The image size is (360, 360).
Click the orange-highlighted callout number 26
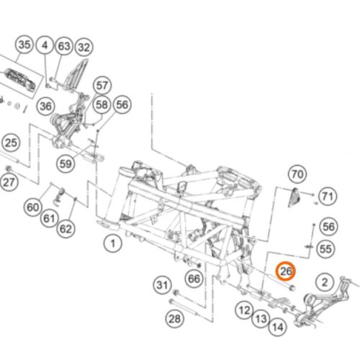(x=286, y=271)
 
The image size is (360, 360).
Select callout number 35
(x=24, y=45)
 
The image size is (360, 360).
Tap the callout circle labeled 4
(x=45, y=45)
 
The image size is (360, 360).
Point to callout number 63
(x=64, y=46)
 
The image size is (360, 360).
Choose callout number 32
(x=84, y=47)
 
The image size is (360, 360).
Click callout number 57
(x=102, y=86)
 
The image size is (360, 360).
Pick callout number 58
(x=102, y=104)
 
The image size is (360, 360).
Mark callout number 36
(x=46, y=106)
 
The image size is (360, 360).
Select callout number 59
(x=66, y=164)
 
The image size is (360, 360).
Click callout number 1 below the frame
(x=113, y=243)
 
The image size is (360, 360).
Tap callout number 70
(x=297, y=174)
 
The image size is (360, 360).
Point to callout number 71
(x=328, y=197)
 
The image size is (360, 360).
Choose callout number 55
(x=325, y=248)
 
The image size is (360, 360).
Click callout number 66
(x=194, y=279)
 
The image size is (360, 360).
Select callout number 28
(x=175, y=319)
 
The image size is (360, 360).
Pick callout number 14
(x=278, y=327)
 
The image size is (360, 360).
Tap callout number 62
(x=66, y=228)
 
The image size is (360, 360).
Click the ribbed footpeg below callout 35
(x=20, y=81)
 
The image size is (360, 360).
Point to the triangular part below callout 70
(x=293, y=197)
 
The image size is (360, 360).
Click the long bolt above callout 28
(x=184, y=307)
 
